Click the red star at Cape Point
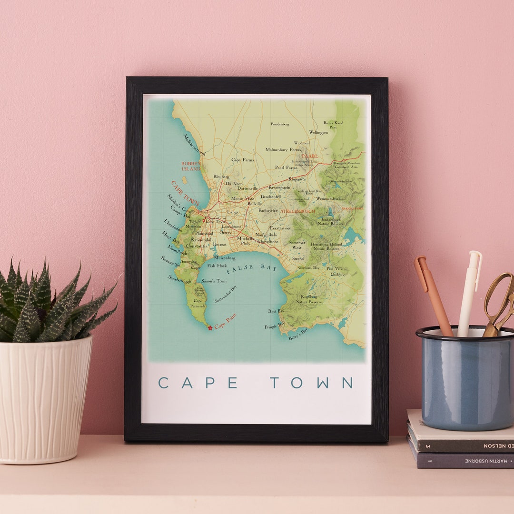[210, 327]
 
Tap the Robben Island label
[190, 166]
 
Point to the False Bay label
[252, 269]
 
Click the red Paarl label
[309, 156]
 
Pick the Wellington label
[318, 132]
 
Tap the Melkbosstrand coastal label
[194, 145]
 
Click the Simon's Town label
[214, 281]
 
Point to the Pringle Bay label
[275, 326]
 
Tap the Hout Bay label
[171, 237]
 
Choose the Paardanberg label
[280, 124]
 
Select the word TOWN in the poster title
[312, 383]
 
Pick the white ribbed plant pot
[45, 400]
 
